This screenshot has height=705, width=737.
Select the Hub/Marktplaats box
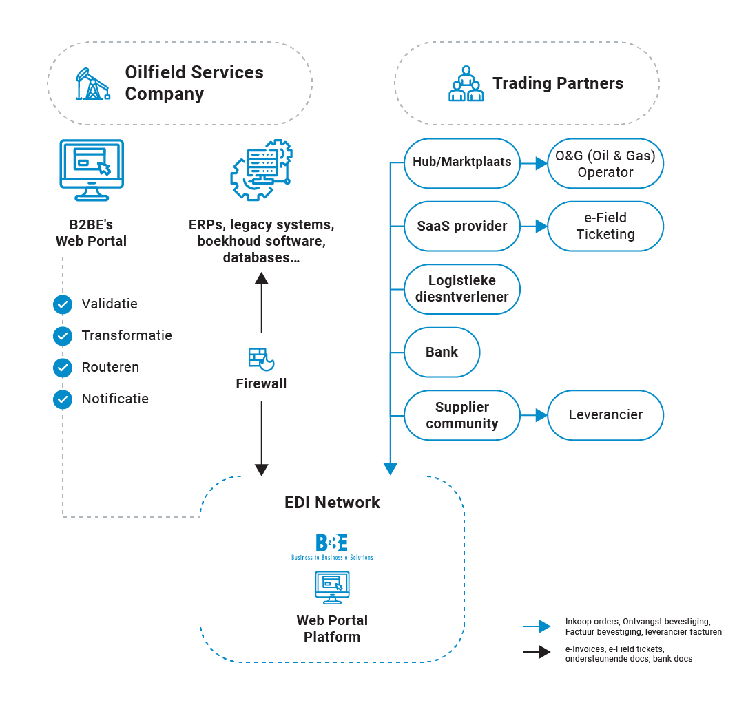(x=462, y=163)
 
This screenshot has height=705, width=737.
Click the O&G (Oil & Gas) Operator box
(x=605, y=163)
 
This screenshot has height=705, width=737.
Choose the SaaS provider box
(x=462, y=227)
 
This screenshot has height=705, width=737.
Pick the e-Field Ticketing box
(x=605, y=227)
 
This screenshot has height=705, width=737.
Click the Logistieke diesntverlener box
(x=462, y=289)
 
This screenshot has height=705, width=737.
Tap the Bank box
(x=442, y=352)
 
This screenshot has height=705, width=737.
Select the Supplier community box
(x=462, y=415)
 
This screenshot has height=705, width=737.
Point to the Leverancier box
(x=605, y=415)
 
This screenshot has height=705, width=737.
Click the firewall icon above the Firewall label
(x=261, y=359)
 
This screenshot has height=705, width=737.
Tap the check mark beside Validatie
(x=63, y=304)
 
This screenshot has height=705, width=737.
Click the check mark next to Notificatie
(x=63, y=400)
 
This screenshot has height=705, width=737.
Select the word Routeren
(x=110, y=367)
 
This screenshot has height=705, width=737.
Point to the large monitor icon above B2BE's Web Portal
(x=92, y=170)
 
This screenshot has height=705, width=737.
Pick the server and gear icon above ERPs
(x=261, y=170)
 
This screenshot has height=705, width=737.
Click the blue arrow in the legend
(x=537, y=627)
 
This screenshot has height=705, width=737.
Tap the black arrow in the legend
(x=537, y=652)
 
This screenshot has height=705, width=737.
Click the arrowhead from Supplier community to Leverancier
(x=541, y=415)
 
